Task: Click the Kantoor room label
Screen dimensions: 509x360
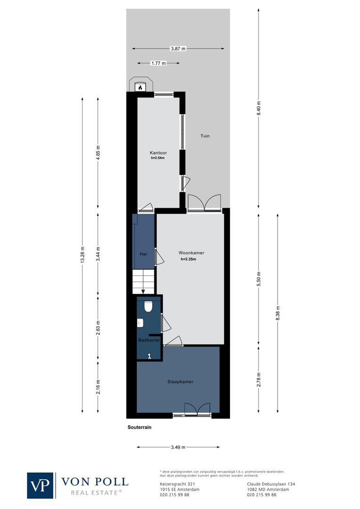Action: click(158, 153)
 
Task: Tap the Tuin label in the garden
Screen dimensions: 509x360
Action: click(205, 136)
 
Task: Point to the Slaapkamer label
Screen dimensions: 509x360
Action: click(180, 382)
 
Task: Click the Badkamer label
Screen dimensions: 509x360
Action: click(149, 340)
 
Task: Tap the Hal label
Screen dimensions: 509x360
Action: click(143, 254)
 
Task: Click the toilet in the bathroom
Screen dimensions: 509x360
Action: click(148, 307)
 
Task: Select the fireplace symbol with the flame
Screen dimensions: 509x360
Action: click(140, 87)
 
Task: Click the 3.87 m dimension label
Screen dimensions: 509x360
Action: click(179, 49)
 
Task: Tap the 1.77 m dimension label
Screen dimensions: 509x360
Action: click(158, 63)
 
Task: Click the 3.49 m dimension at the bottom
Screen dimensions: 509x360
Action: click(178, 447)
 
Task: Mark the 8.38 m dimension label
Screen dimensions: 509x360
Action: click(277, 313)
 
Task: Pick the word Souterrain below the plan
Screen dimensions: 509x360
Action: click(139, 428)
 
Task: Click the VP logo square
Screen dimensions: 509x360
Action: click(41, 485)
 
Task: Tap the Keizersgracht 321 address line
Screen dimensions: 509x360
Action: click(178, 484)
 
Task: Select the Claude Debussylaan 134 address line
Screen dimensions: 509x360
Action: click(271, 484)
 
